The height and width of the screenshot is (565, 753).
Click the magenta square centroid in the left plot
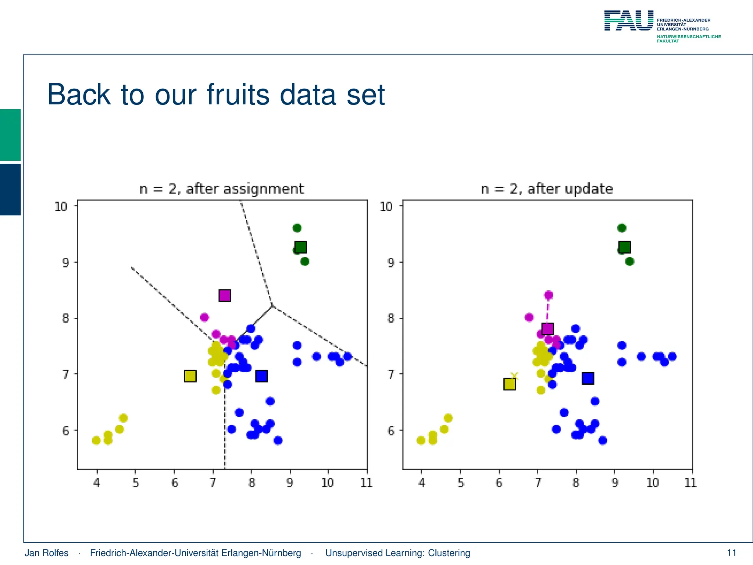[224, 295]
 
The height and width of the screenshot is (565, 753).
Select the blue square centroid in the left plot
[261, 376]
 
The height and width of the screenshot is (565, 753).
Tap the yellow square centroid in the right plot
[509, 384]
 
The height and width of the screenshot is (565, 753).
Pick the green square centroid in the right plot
[624, 247]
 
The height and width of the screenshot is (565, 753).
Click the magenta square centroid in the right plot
[547, 328]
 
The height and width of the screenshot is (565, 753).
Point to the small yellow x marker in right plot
[514, 376]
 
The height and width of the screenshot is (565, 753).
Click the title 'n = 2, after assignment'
[222, 189]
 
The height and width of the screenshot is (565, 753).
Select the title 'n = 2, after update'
[547, 189]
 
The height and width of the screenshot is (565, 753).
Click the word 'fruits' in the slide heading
[238, 95]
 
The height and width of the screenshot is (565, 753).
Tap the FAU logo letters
[629, 21]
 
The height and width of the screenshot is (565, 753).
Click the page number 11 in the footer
[731, 553]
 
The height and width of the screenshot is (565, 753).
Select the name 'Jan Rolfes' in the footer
[46, 553]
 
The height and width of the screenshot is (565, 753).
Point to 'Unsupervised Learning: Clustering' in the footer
[397, 553]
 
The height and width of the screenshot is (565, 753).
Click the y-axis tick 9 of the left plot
[66, 263]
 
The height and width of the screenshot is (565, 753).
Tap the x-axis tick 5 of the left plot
[136, 483]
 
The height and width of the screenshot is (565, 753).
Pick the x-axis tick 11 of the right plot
[690, 483]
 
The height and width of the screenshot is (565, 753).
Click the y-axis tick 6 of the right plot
[391, 431]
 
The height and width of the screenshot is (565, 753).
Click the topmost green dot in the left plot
[297, 228]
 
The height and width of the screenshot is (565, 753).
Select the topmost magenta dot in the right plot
[549, 295]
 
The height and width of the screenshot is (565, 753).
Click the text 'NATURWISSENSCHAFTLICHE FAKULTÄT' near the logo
[688, 39]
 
